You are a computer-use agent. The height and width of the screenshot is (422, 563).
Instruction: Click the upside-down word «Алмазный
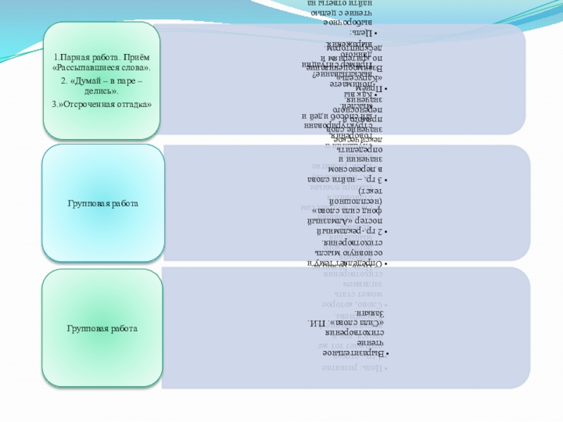point(329,220)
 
